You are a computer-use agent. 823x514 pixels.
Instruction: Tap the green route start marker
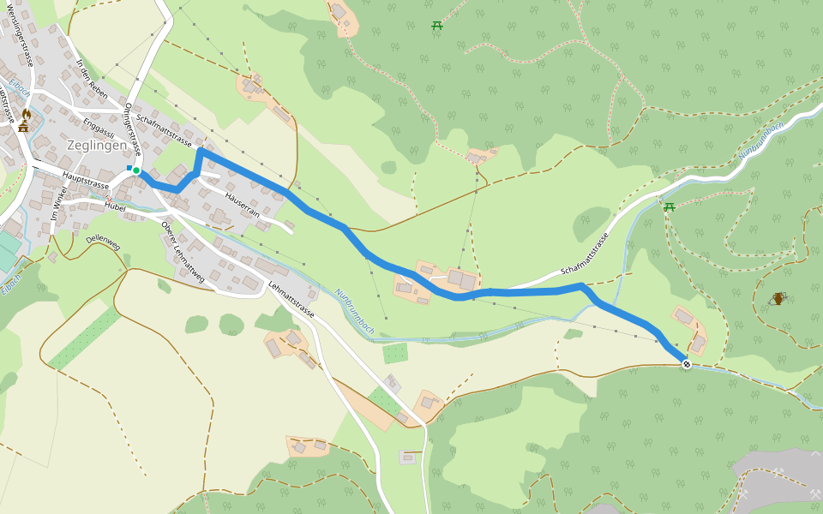[136, 170]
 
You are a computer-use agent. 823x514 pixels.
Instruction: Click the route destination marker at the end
[687, 364]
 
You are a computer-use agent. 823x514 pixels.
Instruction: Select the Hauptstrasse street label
[87, 182]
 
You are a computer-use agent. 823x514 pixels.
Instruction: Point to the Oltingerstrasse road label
[133, 128]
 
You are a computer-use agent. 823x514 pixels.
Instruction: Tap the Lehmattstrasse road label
[291, 301]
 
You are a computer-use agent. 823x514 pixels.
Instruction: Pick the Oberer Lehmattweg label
[183, 252]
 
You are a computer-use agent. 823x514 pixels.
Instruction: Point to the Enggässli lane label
[99, 129]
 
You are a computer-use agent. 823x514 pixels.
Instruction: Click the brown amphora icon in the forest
[778, 298]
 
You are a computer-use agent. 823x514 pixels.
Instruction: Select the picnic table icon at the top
[437, 26]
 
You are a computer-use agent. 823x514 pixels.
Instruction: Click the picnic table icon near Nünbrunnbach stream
[669, 206]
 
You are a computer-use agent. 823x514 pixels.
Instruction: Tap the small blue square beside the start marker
[129, 168]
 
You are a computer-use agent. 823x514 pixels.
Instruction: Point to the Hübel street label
[115, 206]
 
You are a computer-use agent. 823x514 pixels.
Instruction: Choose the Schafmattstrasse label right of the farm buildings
[585, 253]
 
